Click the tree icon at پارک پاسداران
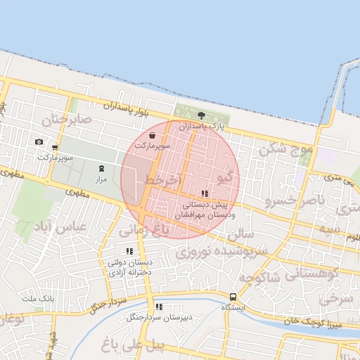point(202,115)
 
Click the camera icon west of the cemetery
point(39,142)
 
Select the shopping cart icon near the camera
point(55,148)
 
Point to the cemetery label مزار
point(102,179)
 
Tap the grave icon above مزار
point(101,168)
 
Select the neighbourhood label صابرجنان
point(66,120)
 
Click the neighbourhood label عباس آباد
point(59,227)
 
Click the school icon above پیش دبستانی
point(205,193)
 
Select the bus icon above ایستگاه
point(233,297)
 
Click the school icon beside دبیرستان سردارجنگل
point(158,307)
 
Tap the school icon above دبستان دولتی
point(129,251)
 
